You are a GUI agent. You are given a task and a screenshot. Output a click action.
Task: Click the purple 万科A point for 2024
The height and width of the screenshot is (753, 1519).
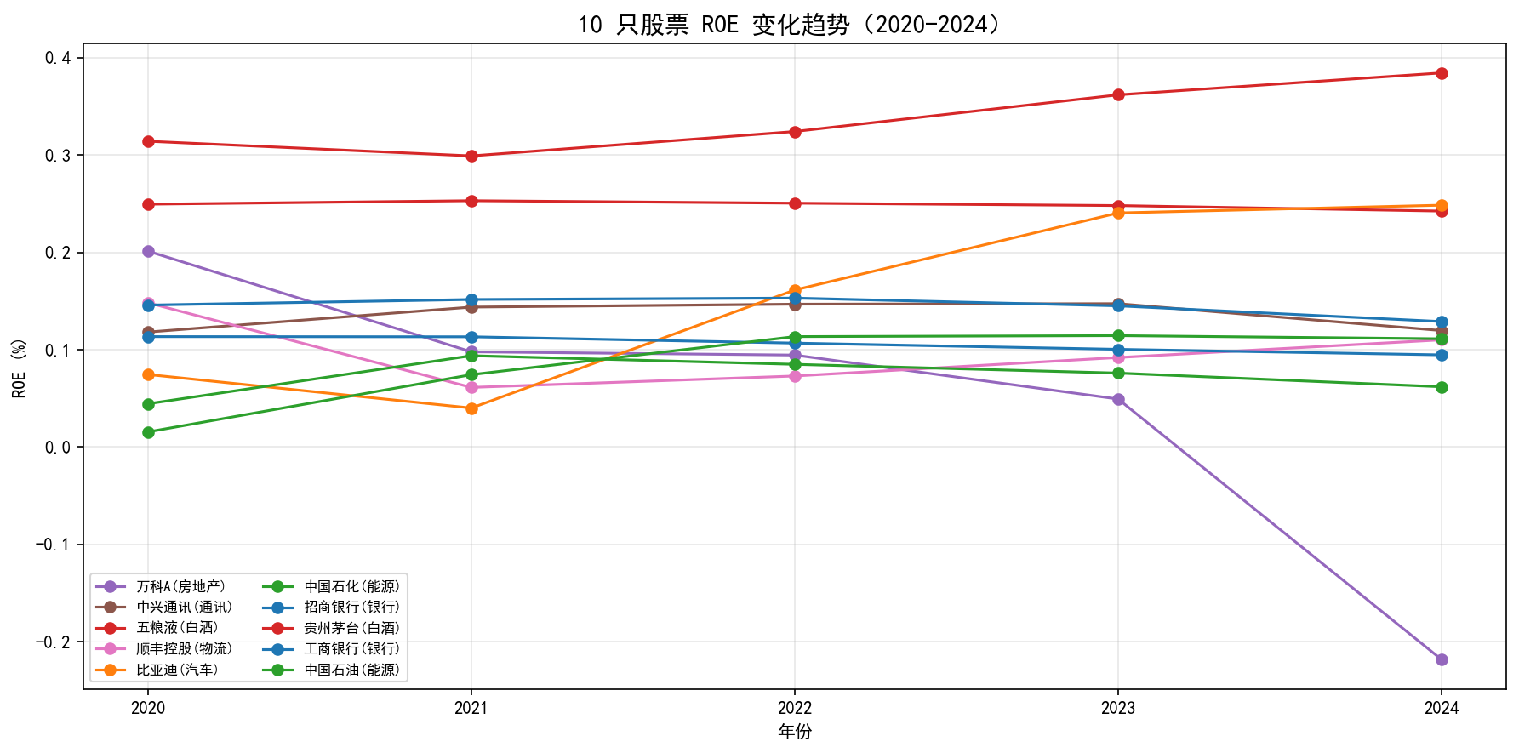(x=1442, y=659)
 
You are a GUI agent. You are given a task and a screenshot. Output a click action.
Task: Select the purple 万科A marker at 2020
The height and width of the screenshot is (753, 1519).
(x=148, y=251)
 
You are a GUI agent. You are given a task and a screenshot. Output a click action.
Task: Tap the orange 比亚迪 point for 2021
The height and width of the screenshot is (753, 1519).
(x=471, y=408)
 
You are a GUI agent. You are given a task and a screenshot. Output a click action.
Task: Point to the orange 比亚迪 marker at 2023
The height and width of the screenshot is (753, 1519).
(x=1118, y=213)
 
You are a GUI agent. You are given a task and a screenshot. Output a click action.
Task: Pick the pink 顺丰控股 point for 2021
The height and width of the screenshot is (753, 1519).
(x=471, y=387)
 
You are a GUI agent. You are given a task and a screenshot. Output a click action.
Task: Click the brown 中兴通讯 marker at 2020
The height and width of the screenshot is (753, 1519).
(x=148, y=332)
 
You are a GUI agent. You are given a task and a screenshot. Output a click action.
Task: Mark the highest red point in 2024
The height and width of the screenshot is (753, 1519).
(x=1442, y=73)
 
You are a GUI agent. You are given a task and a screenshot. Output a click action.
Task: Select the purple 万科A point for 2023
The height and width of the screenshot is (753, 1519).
(x=1118, y=399)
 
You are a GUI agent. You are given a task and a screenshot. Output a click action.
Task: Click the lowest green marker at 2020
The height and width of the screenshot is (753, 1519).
(x=148, y=432)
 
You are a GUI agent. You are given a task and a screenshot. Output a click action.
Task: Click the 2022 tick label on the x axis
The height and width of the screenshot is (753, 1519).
(x=795, y=708)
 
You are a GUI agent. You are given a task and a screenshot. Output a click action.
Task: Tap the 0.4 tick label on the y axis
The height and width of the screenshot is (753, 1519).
(x=59, y=58)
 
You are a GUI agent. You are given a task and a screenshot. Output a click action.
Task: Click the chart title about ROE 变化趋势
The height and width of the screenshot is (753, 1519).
(x=793, y=24)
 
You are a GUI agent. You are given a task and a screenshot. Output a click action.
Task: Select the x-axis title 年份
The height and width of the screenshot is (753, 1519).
(x=795, y=732)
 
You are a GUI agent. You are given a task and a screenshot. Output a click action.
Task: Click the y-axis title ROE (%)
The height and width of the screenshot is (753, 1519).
(x=19, y=368)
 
